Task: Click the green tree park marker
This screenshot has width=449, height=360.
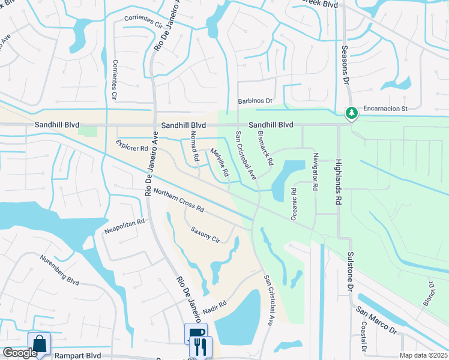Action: (x=351, y=112)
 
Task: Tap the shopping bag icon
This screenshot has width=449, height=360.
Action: (x=39, y=344)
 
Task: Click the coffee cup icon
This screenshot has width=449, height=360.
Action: (x=196, y=333)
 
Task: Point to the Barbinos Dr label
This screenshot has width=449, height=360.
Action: (x=255, y=101)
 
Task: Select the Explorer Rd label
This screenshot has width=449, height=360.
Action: (x=132, y=145)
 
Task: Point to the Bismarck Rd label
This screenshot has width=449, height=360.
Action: (x=265, y=148)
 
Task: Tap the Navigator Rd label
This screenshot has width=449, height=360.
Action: (x=315, y=171)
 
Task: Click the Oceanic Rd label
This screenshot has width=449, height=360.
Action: (x=294, y=205)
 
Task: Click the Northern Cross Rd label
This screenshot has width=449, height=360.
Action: (x=179, y=201)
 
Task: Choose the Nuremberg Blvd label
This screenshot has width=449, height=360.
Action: (x=59, y=272)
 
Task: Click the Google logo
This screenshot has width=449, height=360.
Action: (x=19, y=353)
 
